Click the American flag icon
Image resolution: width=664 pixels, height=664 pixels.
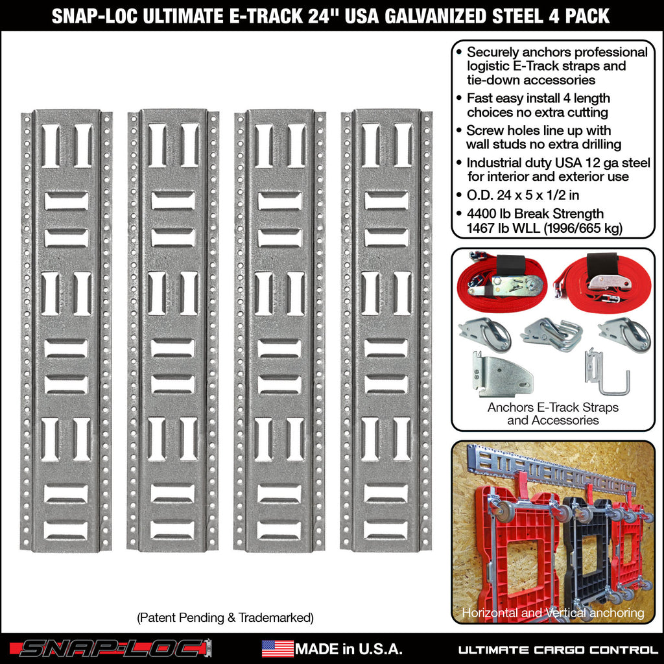[278, 648]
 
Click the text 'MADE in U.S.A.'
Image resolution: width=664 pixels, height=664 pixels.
[349, 649]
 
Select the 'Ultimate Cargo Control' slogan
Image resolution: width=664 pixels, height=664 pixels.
[558, 649]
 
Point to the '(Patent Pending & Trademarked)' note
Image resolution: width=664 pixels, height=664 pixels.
[225, 618]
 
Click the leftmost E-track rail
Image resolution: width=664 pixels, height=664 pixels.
[66, 331]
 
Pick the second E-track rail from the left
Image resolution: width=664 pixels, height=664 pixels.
[173, 331]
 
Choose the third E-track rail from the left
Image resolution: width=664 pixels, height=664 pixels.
[279, 331]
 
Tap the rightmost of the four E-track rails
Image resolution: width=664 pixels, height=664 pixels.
[386, 331]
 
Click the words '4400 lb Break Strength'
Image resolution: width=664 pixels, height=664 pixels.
[535, 214]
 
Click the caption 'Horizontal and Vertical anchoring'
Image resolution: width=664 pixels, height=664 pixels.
[552, 613]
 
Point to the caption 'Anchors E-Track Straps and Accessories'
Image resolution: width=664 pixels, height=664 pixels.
[553, 414]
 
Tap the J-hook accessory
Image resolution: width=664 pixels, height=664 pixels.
[608, 375]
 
